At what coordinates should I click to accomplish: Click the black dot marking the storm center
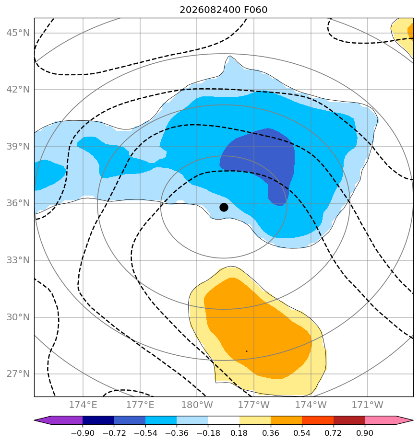224,208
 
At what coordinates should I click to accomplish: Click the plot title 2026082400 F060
224,10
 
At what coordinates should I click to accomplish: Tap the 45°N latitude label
18,33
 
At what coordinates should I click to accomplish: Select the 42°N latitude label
18,90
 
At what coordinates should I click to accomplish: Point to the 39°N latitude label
18,147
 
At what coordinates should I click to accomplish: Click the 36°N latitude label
18,203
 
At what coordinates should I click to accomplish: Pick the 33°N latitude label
18,260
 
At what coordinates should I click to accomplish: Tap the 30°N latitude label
18,317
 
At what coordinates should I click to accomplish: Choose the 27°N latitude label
18,374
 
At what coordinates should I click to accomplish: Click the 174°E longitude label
83,405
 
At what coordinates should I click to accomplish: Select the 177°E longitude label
140,405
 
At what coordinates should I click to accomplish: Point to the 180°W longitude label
197,405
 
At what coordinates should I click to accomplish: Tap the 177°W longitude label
254,405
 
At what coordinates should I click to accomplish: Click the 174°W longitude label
311,405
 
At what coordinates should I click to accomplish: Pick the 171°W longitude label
368,405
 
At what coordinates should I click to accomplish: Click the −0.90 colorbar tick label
83,433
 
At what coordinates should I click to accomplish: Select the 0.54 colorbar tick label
302,433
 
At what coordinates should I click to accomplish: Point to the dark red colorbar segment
349,420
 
